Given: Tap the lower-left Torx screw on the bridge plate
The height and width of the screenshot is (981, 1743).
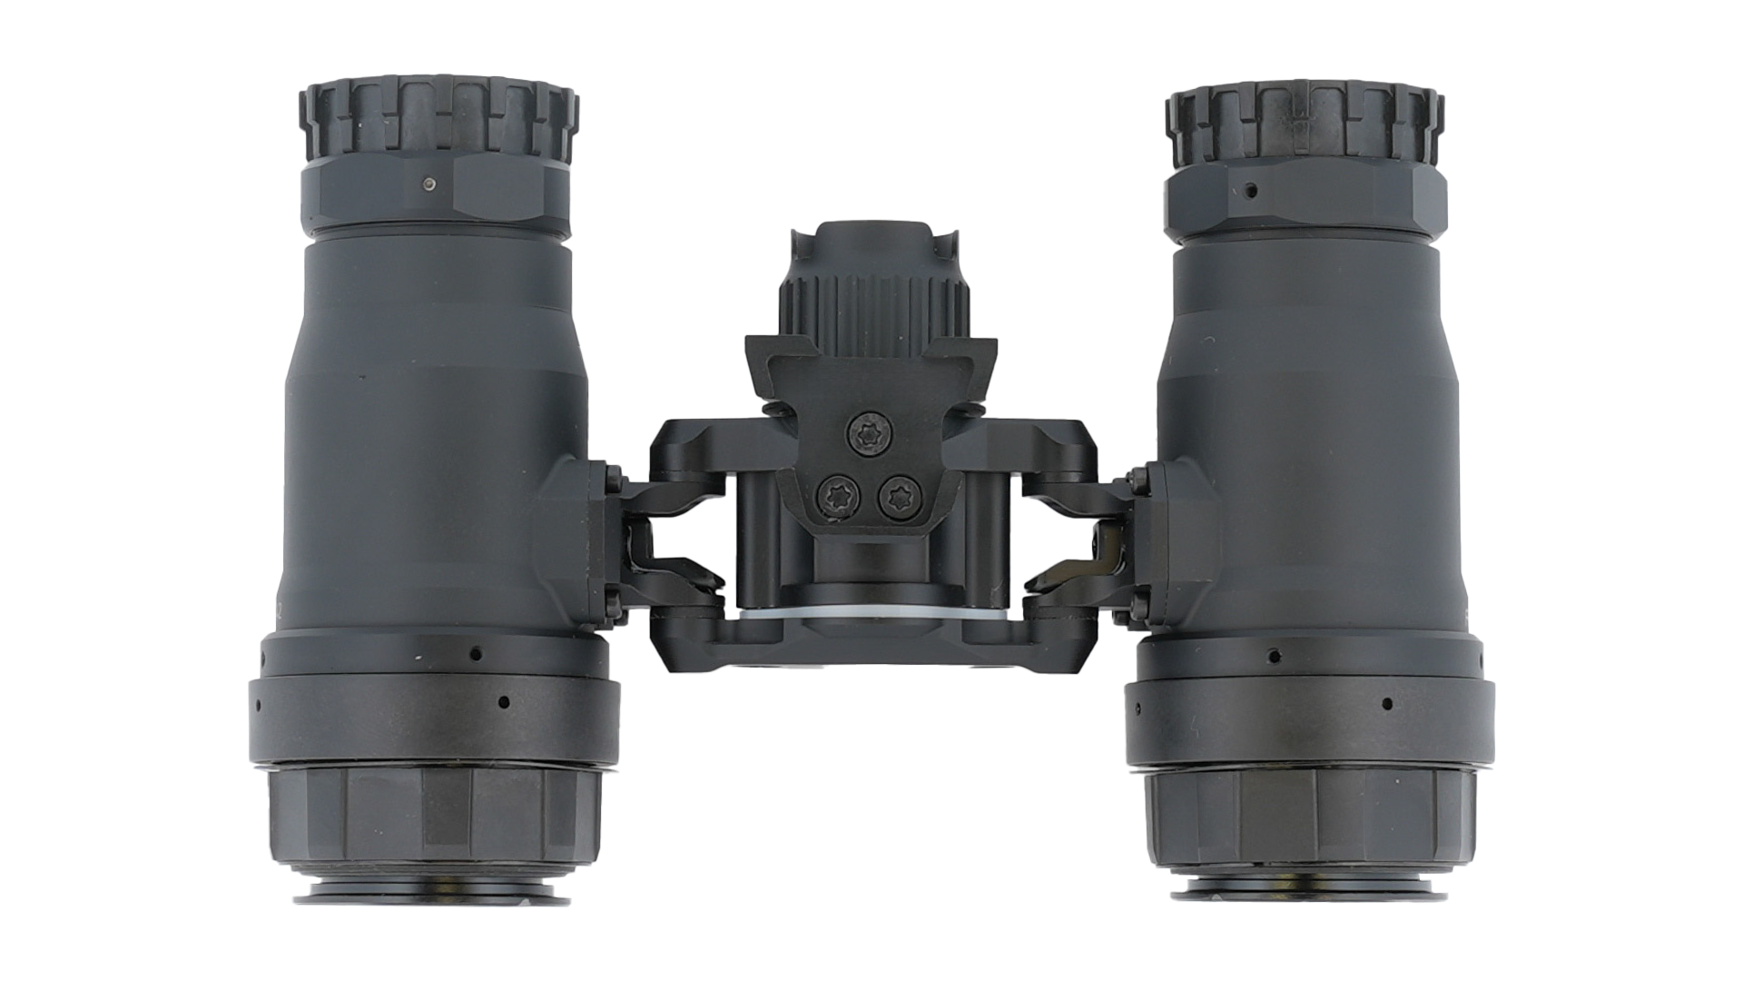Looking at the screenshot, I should pos(832,497).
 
